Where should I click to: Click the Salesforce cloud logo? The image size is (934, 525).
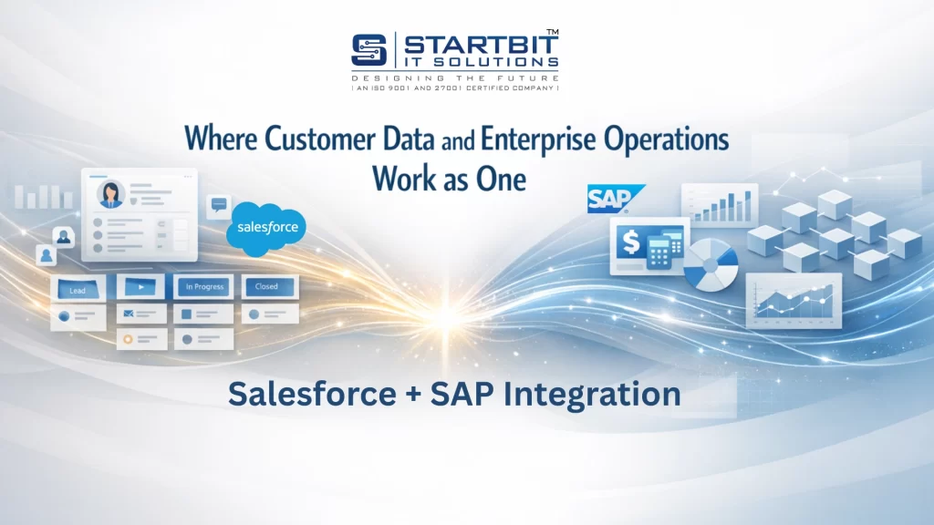[x=265, y=226]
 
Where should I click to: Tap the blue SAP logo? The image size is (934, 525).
[x=612, y=198]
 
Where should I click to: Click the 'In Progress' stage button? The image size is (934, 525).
[x=204, y=286]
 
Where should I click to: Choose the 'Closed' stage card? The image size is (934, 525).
[x=266, y=286]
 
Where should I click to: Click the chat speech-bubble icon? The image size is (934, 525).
[x=219, y=205]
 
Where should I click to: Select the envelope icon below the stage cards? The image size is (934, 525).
[x=130, y=314]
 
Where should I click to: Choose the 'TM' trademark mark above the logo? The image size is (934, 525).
[x=551, y=33]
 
